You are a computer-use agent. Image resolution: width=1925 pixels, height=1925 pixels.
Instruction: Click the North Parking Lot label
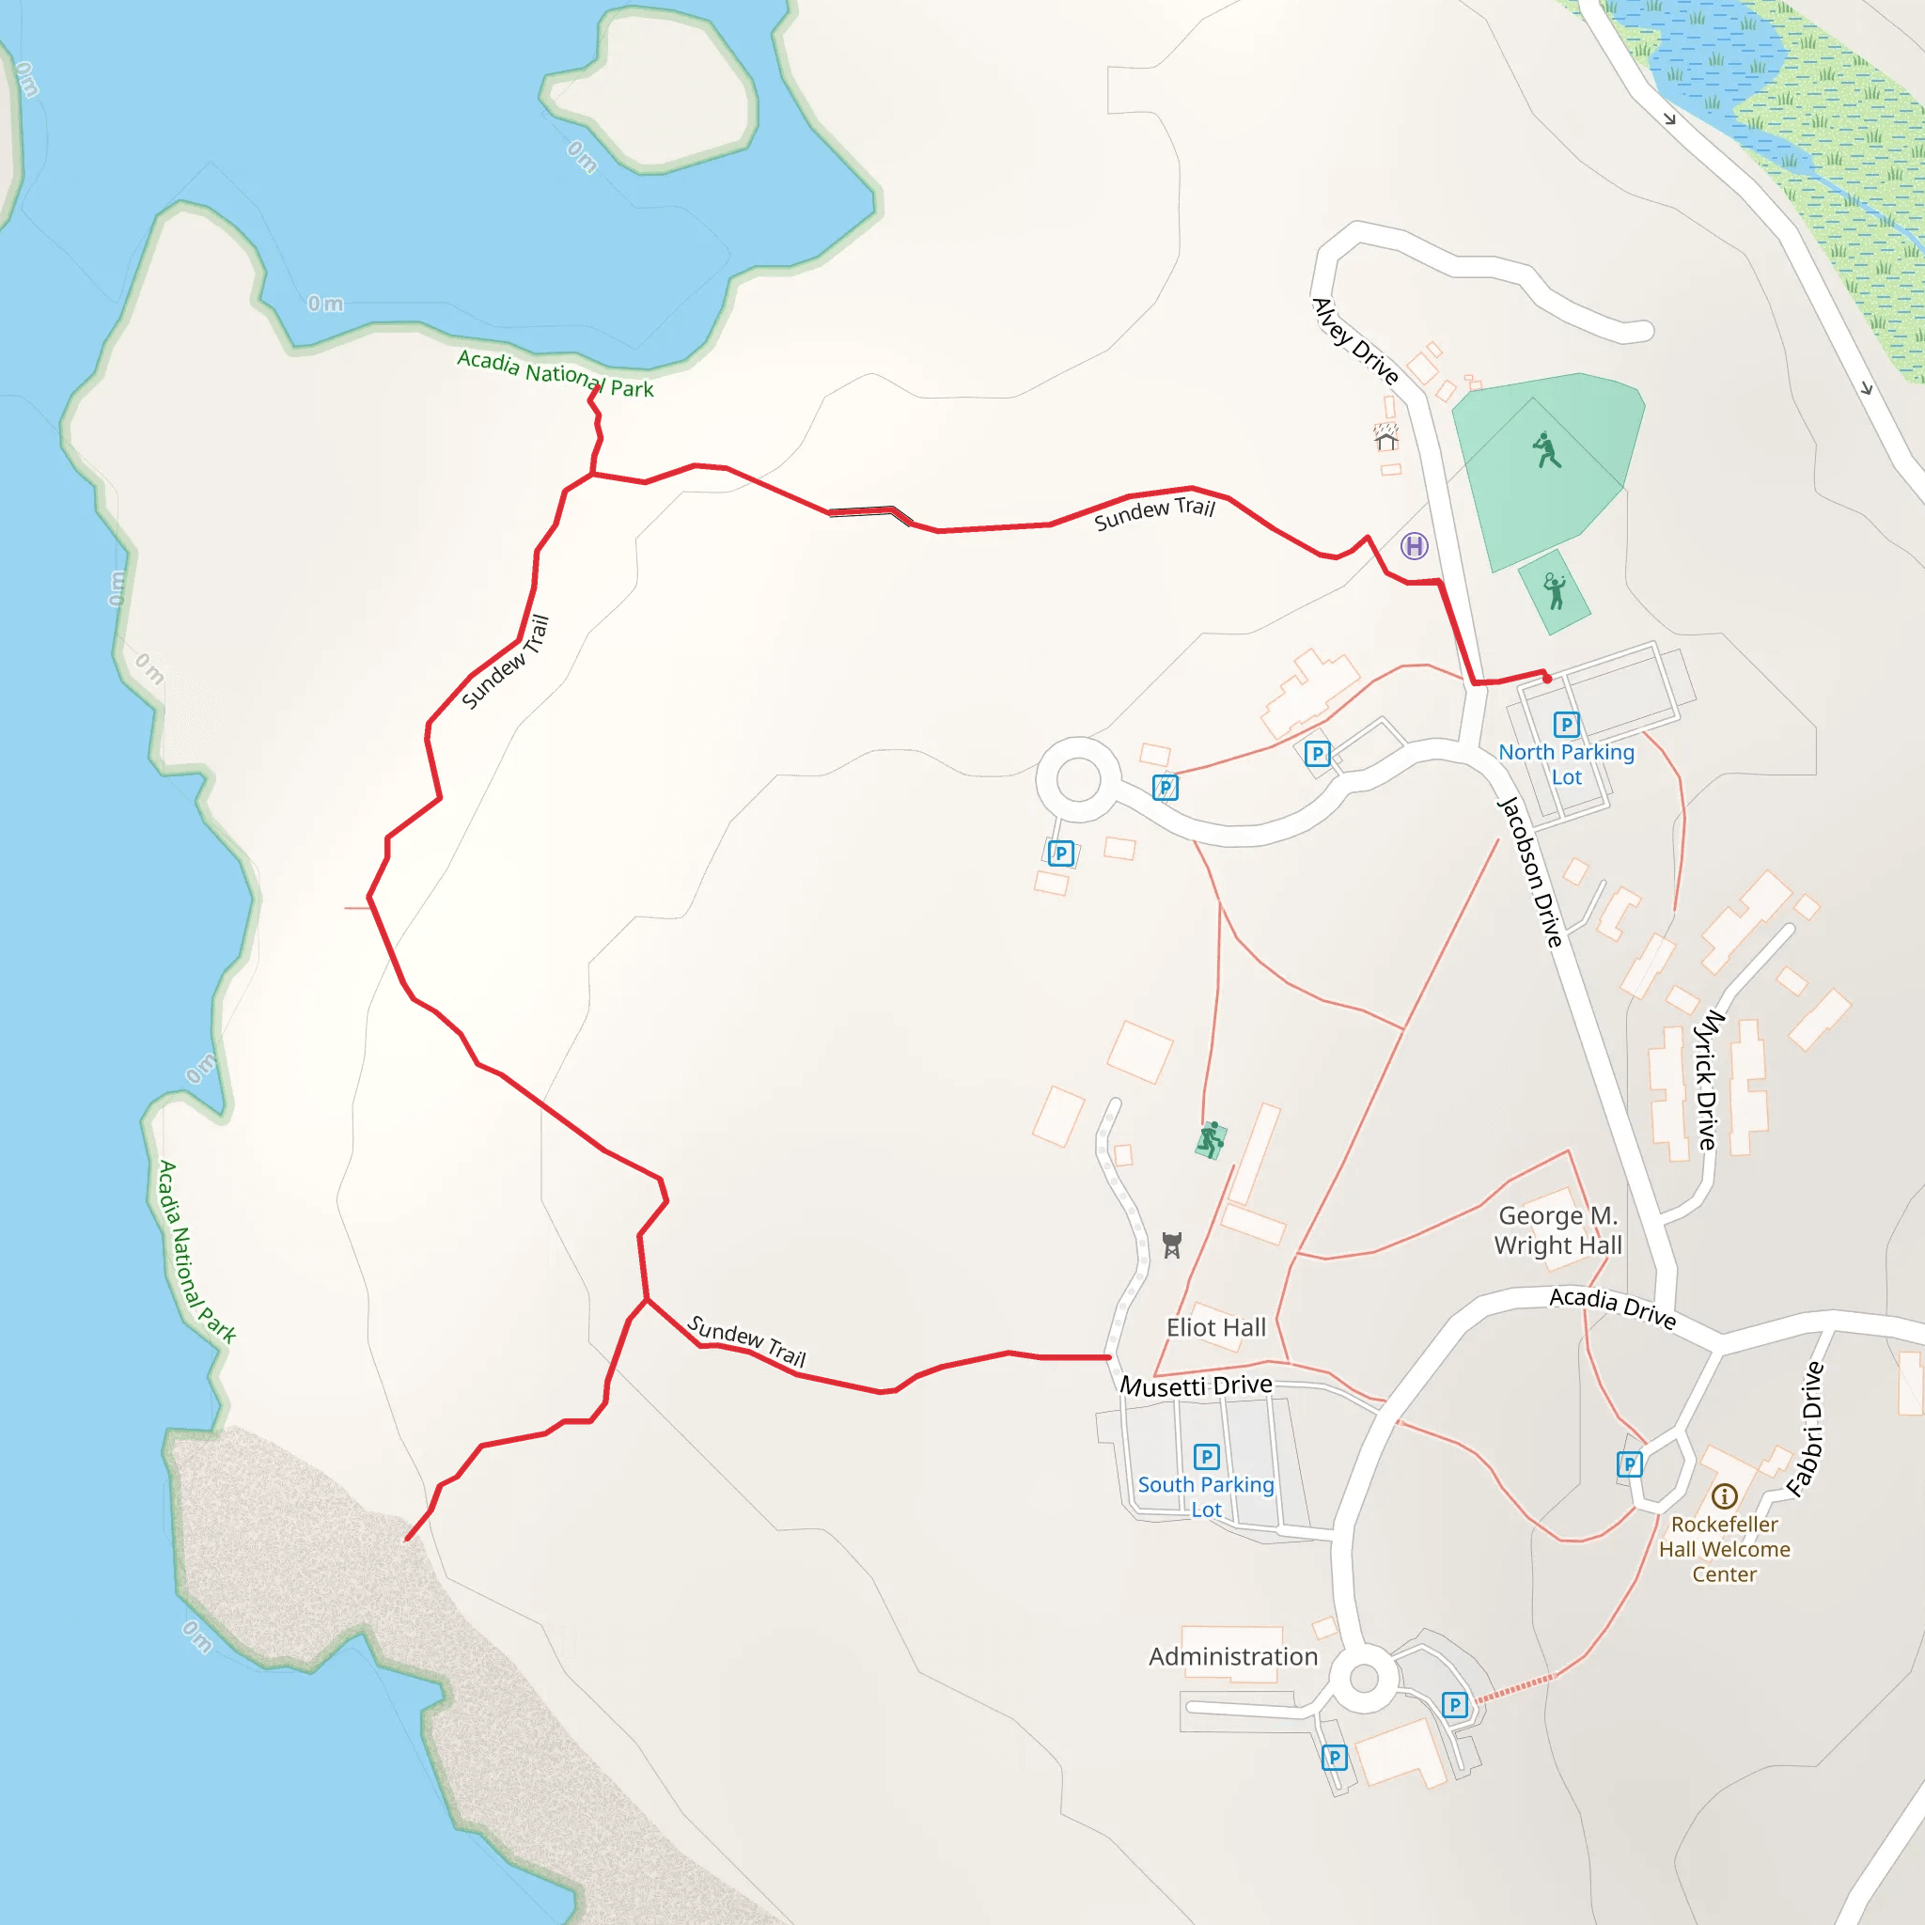(1566, 764)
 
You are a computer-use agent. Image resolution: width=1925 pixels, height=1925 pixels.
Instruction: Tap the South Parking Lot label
(1206, 1496)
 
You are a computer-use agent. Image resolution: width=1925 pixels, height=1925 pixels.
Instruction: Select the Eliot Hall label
(1215, 1327)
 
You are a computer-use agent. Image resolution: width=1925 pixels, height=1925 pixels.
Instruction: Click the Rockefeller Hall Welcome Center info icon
(1724, 1495)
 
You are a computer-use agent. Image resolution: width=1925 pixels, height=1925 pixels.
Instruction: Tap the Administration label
(1232, 1656)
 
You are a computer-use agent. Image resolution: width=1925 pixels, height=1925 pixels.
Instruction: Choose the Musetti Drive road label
(1196, 1385)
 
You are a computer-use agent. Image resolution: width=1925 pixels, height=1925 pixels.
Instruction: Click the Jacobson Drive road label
(1530, 872)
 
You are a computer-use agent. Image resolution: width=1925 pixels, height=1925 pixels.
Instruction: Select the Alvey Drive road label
(1355, 341)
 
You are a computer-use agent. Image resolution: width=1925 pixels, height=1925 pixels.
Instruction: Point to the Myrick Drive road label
(1708, 1080)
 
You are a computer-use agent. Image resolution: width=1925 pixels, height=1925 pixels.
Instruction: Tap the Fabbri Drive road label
(1805, 1429)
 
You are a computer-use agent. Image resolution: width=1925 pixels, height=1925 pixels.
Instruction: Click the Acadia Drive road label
(1612, 1307)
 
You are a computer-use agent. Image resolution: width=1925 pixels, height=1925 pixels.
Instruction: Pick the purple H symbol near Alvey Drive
(1414, 545)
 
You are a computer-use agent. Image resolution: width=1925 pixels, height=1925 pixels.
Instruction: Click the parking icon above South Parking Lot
(1206, 1457)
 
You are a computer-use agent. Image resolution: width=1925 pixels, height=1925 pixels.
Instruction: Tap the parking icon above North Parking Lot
(1566, 725)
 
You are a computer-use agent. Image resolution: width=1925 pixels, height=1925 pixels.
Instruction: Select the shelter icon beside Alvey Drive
(1386, 436)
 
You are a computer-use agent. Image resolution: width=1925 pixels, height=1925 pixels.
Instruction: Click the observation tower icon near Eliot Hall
(1172, 1245)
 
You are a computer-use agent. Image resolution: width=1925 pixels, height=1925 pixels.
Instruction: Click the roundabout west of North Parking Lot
(1078, 779)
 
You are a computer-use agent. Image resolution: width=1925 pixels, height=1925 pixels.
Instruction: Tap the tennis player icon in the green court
(1554, 591)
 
